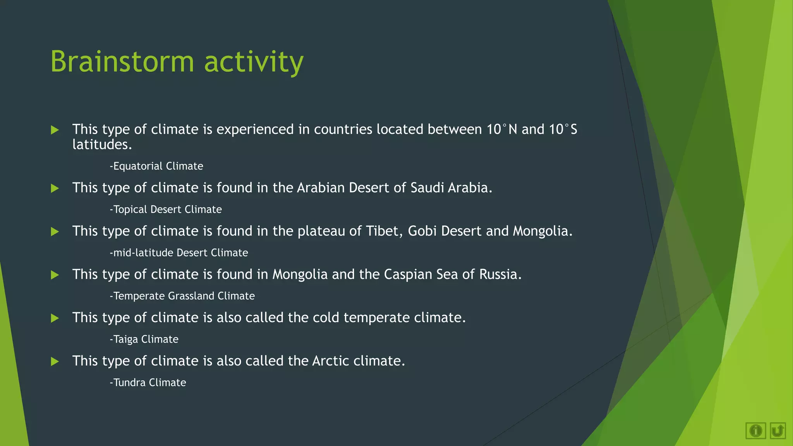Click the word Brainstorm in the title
click(x=122, y=62)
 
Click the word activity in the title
click(x=254, y=62)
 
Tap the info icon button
click(x=755, y=431)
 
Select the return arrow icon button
click(x=778, y=431)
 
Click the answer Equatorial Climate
click(x=156, y=166)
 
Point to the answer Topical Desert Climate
click(x=166, y=209)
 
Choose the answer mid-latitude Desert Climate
click(x=179, y=253)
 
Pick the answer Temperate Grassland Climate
click(x=182, y=296)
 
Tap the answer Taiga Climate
click(x=144, y=340)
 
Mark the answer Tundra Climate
click(x=148, y=383)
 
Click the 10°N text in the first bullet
click(x=502, y=129)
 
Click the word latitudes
click(x=102, y=145)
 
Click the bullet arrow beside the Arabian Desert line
click(x=55, y=189)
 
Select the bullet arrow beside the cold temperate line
click(x=55, y=318)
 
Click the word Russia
click(x=499, y=274)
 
